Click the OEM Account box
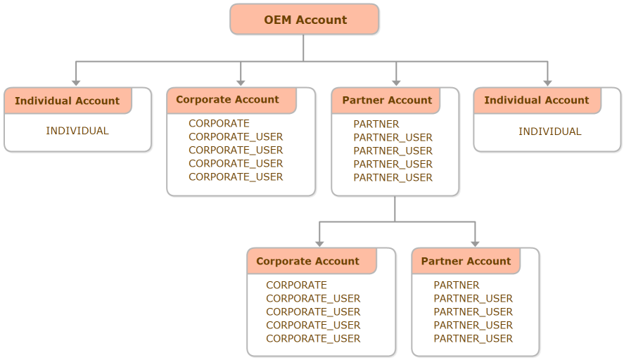click(x=304, y=20)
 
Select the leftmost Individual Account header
click(x=68, y=101)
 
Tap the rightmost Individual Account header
click(x=537, y=101)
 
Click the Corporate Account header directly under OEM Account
click(x=228, y=100)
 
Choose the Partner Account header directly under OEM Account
click(x=387, y=101)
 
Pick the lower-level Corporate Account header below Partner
click(x=308, y=261)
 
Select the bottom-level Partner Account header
click(x=466, y=261)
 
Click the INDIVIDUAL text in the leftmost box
click(x=77, y=131)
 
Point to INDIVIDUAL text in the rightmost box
click(x=550, y=131)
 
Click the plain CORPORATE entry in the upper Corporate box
click(x=219, y=124)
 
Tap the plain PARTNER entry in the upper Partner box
click(x=376, y=124)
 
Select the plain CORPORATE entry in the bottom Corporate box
click(x=296, y=285)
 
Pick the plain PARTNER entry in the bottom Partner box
click(x=457, y=285)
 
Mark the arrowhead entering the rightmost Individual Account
click(x=547, y=83)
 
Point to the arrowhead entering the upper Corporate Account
click(x=241, y=83)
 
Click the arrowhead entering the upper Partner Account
click(x=396, y=83)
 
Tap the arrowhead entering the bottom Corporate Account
click(x=319, y=243)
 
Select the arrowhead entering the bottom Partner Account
click(x=476, y=243)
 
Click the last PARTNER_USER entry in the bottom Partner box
click(x=473, y=339)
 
